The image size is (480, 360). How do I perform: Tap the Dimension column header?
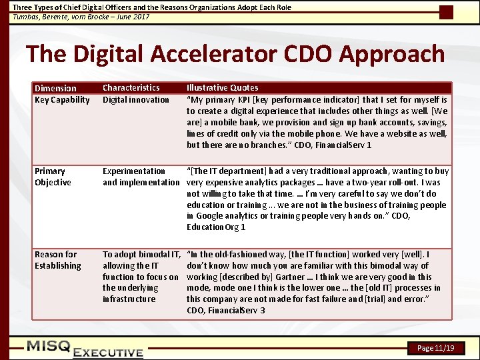(55, 88)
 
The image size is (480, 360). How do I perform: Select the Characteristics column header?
(131, 87)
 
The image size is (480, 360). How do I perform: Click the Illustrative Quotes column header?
(222, 87)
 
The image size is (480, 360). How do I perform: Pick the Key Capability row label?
(62, 100)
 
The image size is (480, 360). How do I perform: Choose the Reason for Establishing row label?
(57, 260)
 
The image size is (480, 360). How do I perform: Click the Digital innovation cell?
(136, 100)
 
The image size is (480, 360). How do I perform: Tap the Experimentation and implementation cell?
(141, 177)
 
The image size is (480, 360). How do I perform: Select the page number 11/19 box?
(435, 348)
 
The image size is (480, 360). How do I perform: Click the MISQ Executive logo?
(85, 349)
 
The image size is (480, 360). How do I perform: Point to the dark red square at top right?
(446, 12)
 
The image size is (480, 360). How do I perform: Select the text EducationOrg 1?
(216, 227)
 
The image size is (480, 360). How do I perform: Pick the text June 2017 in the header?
(131, 16)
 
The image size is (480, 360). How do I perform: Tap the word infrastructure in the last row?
(130, 299)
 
